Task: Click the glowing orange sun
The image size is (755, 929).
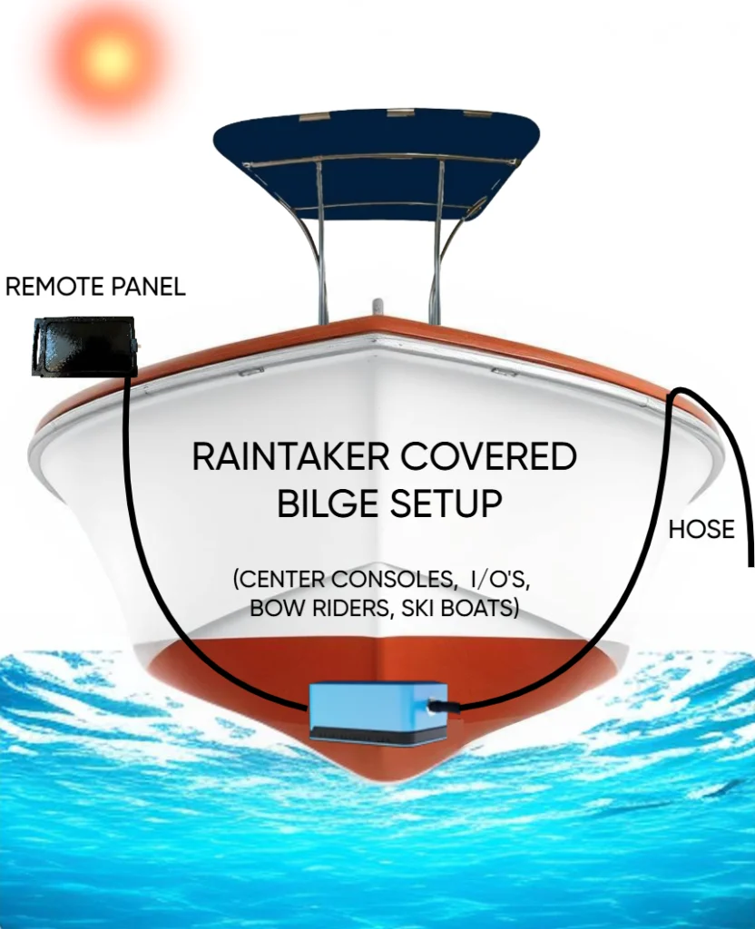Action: tap(110, 60)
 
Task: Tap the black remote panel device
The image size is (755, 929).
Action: tap(83, 346)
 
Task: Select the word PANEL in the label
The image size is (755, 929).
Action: tap(150, 288)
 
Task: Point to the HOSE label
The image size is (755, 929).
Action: tap(701, 530)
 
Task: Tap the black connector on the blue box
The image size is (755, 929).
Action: tap(438, 704)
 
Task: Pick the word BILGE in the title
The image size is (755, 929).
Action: tap(328, 504)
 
